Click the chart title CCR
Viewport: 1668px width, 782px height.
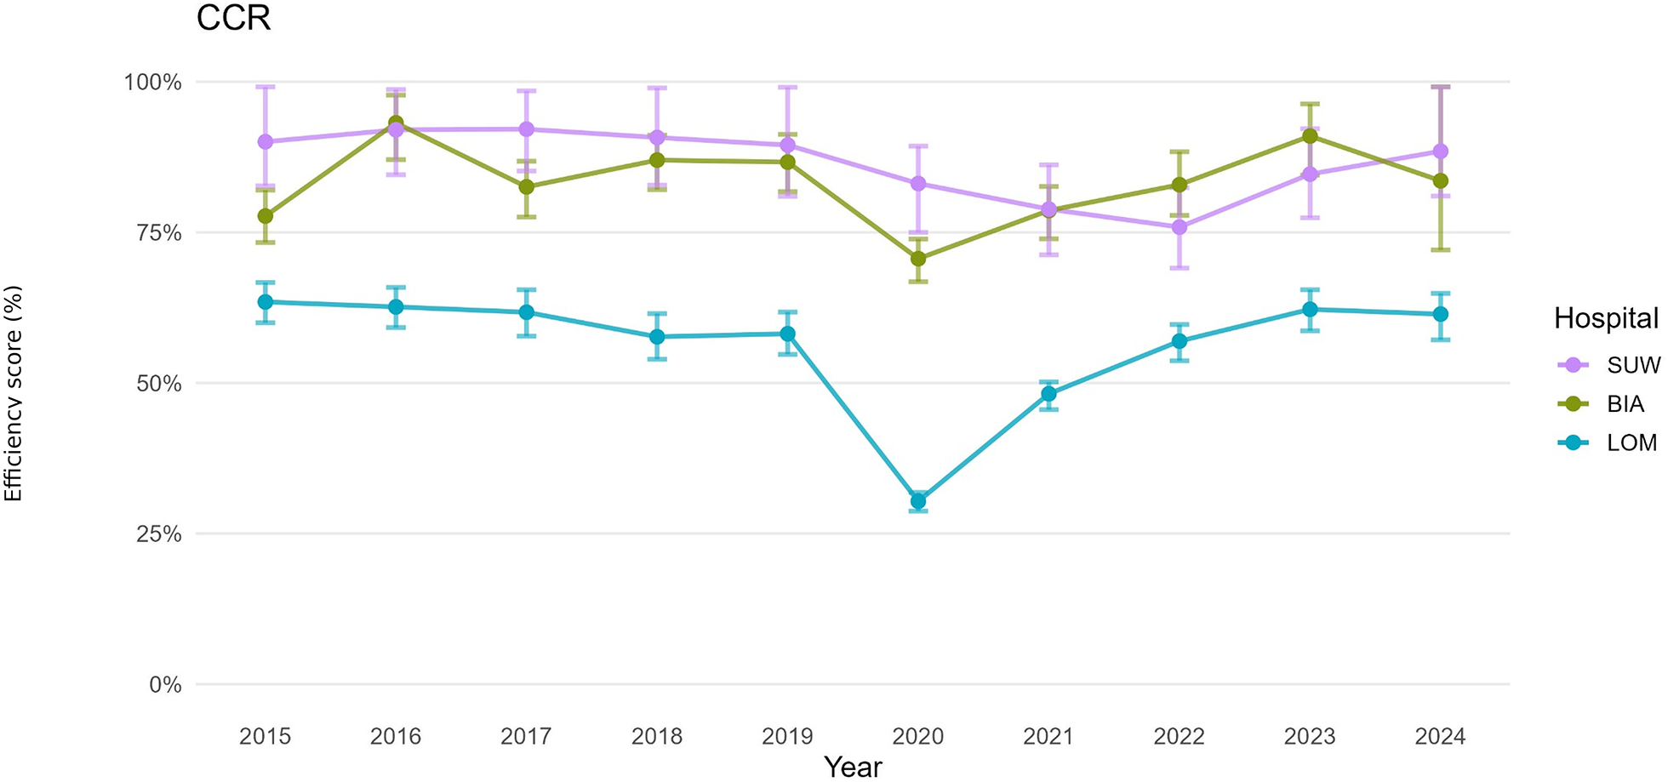(x=233, y=18)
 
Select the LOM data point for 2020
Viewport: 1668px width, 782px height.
(x=918, y=501)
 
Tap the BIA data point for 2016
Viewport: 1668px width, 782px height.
(x=396, y=123)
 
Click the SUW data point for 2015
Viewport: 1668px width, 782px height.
(x=266, y=141)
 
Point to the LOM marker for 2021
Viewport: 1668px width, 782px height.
(x=1048, y=394)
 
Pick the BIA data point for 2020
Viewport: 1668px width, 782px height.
(x=918, y=259)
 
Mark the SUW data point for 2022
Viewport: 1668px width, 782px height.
(x=1180, y=227)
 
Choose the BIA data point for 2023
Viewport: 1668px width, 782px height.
(x=1311, y=136)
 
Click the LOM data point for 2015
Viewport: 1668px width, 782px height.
(x=266, y=302)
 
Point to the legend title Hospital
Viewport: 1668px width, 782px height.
(x=1606, y=318)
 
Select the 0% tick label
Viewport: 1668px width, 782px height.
(x=165, y=685)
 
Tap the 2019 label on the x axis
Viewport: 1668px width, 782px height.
(x=787, y=736)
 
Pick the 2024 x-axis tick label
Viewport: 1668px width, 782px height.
(x=1440, y=736)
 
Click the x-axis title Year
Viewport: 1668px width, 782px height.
(x=853, y=767)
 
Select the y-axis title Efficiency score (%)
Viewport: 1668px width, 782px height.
(x=13, y=394)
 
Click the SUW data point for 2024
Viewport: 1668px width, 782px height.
(x=1441, y=151)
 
